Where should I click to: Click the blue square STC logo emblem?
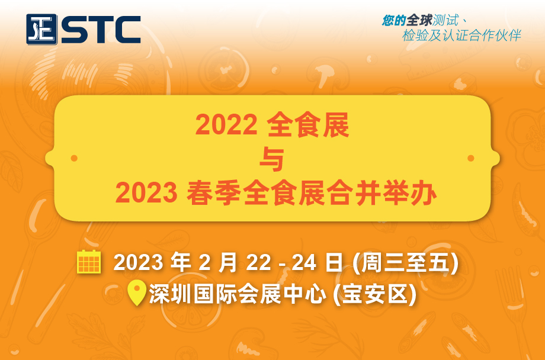coord(41,29)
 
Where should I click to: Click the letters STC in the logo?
coord(101,30)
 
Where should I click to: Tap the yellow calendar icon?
coord(89,262)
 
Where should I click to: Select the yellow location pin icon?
coord(137,292)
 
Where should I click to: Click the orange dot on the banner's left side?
coord(74,158)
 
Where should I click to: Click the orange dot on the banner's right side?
coord(470,158)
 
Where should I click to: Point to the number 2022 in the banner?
coord(226,125)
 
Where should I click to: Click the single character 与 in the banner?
coord(272,159)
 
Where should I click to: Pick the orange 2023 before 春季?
coord(146,193)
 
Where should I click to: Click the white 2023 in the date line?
coord(138,262)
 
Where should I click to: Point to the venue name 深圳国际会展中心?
coord(238,294)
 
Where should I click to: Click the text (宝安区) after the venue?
coord(374,294)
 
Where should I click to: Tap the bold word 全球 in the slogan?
coord(419,21)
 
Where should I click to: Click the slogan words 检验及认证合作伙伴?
coord(462,36)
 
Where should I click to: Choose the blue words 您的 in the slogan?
coord(394,21)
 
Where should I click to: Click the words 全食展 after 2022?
coord(308,125)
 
